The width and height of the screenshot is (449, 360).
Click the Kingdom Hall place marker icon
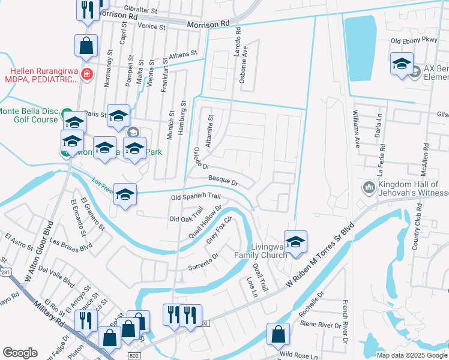coord(369,188)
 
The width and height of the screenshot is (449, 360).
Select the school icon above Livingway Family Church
coord(295,242)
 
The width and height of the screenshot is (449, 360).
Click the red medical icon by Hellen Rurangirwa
coord(87,74)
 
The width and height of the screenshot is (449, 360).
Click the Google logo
coord(20,353)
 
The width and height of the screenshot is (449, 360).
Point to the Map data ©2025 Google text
coord(411,355)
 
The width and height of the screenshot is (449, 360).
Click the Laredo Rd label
coord(238,44)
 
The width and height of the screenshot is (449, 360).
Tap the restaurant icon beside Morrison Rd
coord(87,9)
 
